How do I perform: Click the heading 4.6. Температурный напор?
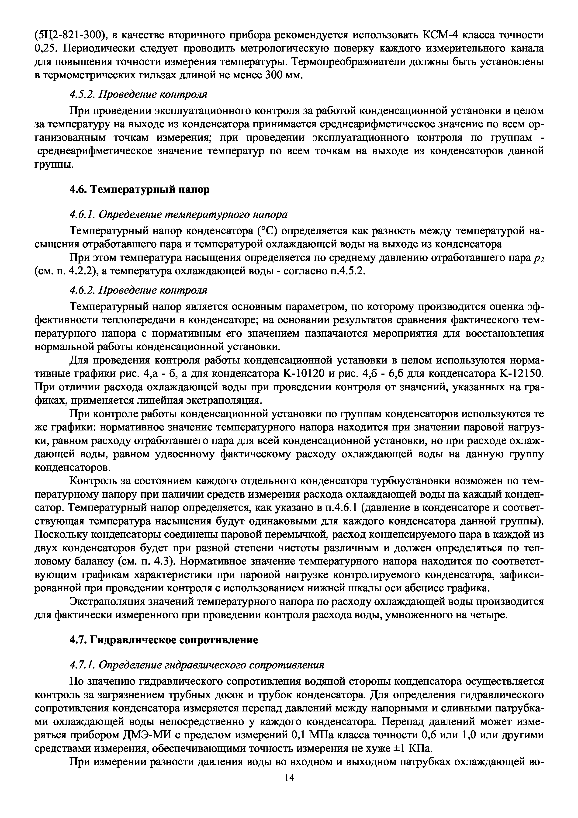click(x=139, y=190)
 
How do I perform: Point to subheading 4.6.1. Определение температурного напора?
click(x=178, y=215)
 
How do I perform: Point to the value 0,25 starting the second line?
click(x=45, y=48)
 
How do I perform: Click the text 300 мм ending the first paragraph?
click(x=283, y=75)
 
